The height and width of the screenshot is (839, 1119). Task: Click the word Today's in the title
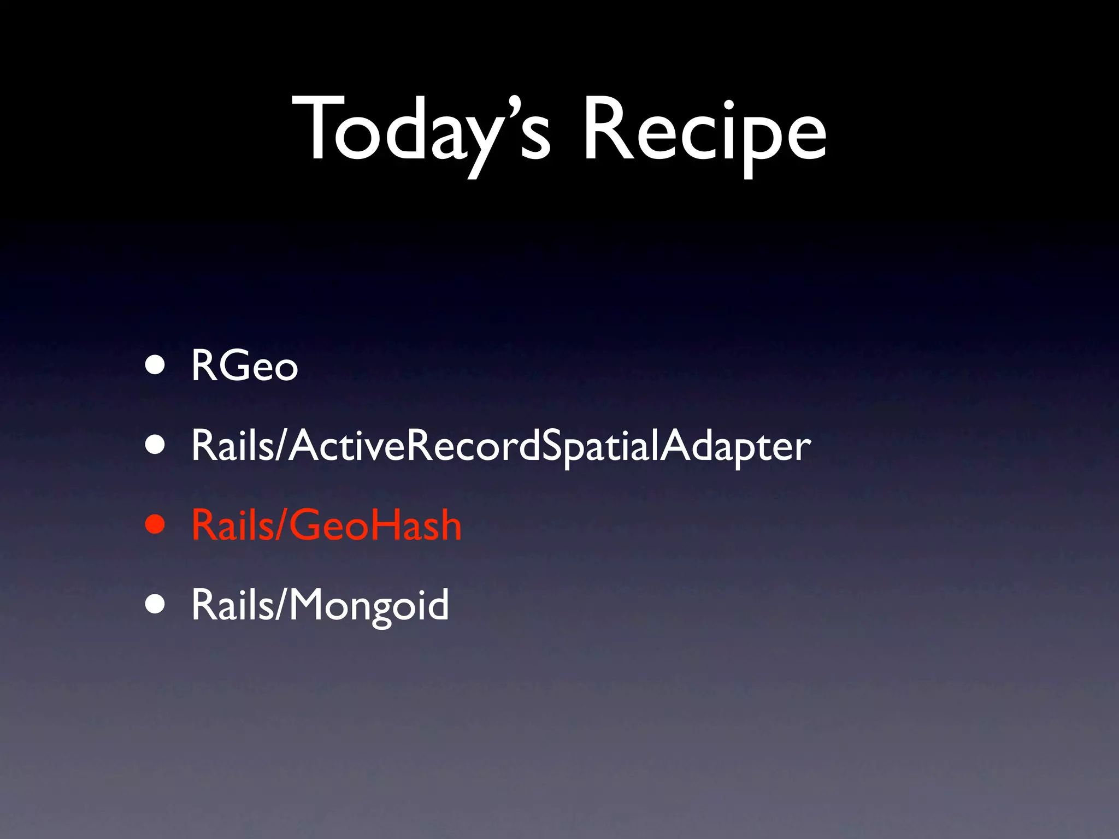[x=421, y=131]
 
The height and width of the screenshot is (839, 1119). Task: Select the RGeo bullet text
[x=244, y=366]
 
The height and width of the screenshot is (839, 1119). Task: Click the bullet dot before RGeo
[x=155, y=366]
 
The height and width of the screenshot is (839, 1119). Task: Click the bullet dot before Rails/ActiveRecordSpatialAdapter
[x=155, y=445]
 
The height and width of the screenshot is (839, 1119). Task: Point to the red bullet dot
[x=155, y=524]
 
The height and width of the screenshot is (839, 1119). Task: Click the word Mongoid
[x=369, y=605]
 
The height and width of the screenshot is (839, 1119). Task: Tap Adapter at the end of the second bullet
[x=735, y=446]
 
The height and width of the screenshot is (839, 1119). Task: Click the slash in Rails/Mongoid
[x=281, y=605]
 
